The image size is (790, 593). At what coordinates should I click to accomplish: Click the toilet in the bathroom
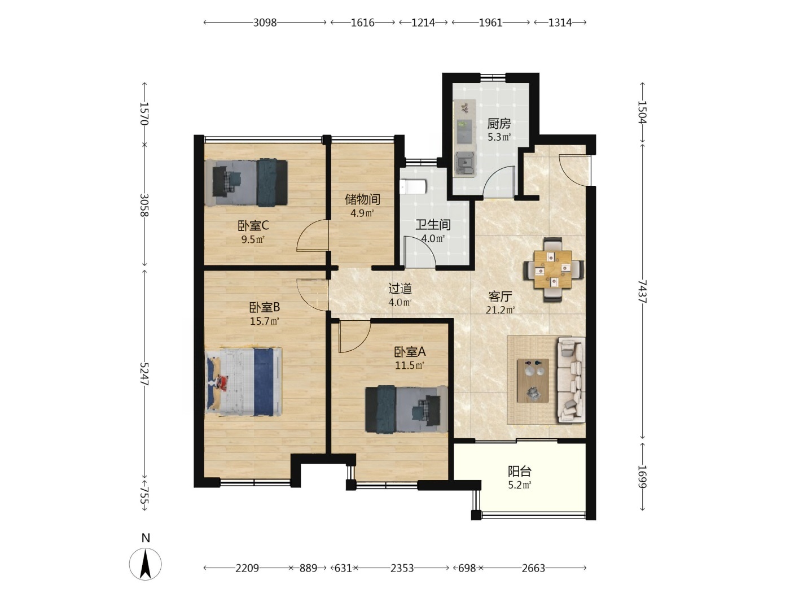tap(413, 188)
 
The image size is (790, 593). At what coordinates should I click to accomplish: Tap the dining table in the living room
tap(552, 269)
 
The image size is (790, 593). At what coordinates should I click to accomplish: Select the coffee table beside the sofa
tap(533, 380)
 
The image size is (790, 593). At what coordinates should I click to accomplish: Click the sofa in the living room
tap(571, 380)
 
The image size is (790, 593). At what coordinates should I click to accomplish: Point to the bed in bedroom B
tap(243, 382)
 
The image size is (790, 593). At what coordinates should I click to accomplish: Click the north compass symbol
tap(146, 564)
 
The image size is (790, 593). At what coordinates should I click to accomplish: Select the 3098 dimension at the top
tap(265, 23)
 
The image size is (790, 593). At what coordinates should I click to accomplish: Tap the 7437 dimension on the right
tap(642, 291)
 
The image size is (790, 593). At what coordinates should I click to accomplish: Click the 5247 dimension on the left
tap(144, 374)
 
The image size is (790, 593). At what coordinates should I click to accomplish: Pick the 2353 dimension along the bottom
tap(402, 568)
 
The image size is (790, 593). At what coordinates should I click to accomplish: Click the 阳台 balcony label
tap(520, 471)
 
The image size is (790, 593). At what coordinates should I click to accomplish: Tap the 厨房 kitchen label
tap(499, 124)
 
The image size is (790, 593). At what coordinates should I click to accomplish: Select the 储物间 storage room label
tap(362, 199)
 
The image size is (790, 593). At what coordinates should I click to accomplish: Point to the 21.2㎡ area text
tap(500, 309)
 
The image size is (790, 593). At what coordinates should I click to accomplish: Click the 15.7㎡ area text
tap(265, 321)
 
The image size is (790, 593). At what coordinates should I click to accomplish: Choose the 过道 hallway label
tap(400, 288)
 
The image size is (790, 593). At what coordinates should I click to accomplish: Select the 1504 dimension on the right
tap(642, 112)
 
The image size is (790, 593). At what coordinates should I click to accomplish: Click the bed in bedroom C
tap(246, 183)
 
